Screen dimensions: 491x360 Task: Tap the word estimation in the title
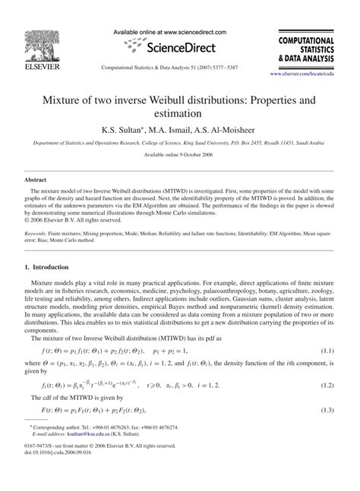(x=180, y=113)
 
